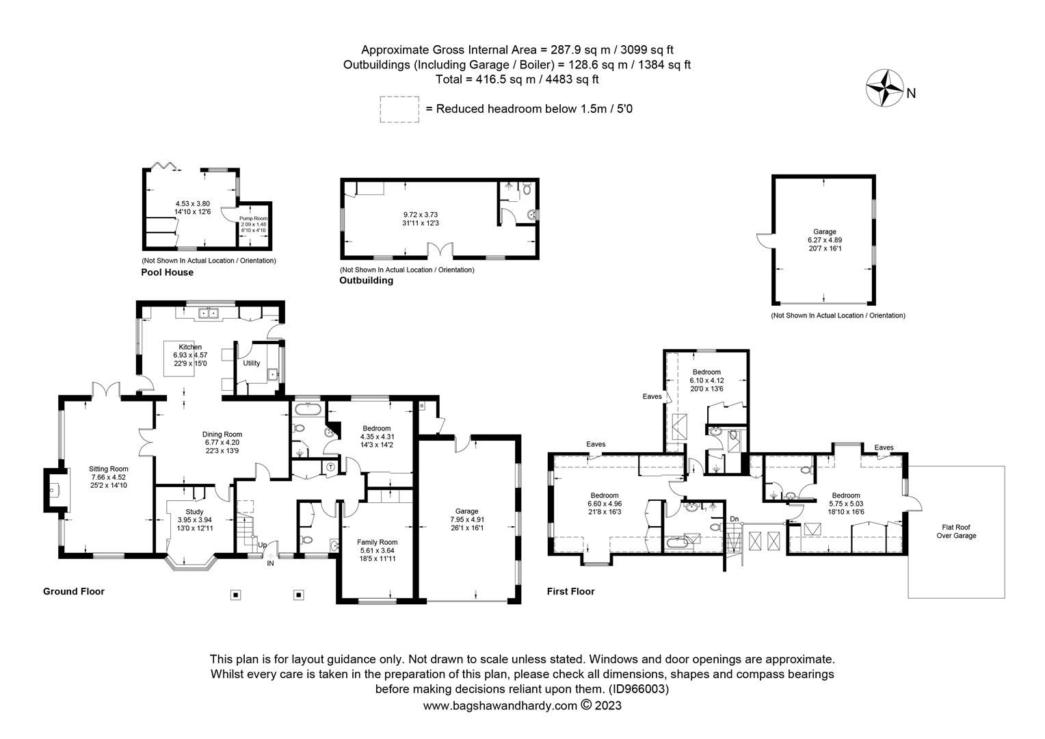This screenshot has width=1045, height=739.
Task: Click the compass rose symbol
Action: [885, 88]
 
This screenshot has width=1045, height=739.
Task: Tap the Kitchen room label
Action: [190, 347]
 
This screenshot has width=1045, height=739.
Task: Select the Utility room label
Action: [252, 363]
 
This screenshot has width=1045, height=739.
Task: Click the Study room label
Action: [194, 511]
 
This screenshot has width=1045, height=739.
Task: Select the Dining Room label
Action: [222, 434]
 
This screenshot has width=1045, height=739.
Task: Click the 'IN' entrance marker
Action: [270, 563]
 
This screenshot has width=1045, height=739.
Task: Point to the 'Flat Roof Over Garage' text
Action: [956, 531]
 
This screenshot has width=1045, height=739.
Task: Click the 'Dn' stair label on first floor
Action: [735, 519]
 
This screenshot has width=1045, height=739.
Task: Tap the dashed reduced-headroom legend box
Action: [399, 109]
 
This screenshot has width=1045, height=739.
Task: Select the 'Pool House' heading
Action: [167, 272]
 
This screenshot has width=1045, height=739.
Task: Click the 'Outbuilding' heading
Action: [366, 281]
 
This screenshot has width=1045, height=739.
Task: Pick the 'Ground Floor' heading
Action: [74, 591]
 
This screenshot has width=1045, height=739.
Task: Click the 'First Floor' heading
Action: [570, 591]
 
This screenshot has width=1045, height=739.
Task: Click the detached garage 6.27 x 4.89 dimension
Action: [824, 240]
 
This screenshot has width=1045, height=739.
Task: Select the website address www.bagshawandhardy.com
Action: [500, 705]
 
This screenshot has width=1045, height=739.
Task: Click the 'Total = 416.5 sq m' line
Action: [517, 79]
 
